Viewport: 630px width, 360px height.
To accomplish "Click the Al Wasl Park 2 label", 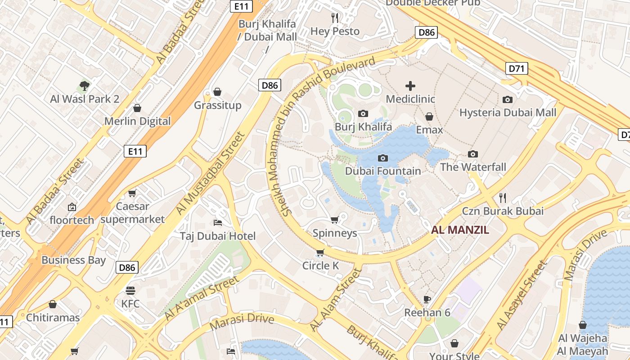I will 85,99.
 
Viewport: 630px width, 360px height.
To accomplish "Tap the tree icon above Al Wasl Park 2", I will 84,85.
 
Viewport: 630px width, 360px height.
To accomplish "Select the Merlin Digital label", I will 138,121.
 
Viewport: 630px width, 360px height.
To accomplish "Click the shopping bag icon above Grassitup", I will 217,92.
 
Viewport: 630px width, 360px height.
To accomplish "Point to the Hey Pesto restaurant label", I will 335,31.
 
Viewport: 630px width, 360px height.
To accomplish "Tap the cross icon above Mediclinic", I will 410,85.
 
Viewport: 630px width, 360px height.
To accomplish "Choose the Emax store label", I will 429,130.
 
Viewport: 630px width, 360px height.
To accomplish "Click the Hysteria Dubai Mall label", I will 508,112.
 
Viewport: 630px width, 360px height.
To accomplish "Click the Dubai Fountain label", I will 383,171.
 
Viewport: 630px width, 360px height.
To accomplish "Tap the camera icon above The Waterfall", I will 472,154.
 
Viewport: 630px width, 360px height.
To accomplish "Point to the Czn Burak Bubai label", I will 503,211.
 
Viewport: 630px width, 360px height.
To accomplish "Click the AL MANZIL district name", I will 460,230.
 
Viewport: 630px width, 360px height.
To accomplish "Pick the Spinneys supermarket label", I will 335,233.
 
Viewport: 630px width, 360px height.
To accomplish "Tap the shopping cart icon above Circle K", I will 320,252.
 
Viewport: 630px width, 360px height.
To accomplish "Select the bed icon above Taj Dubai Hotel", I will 217,223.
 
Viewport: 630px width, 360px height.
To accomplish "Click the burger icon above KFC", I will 130,290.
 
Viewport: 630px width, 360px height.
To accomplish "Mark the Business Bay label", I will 73,260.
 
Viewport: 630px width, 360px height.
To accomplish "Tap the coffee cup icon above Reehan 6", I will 427,299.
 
